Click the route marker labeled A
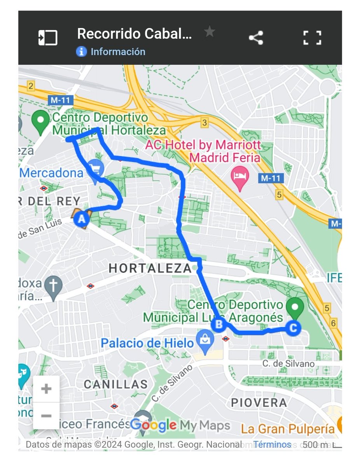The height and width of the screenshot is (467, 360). click(x=82, y=219)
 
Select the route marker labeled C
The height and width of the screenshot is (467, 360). click(x=293, y=328)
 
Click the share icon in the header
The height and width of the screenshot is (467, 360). click(x=256, y=38)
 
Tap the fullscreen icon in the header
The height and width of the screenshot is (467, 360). click(x=312, y=38)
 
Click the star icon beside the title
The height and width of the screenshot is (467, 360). click(x=210, y=32)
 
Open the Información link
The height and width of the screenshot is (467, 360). click(x=117, y=52)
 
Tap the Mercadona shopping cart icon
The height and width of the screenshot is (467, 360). click(x=95, y=168)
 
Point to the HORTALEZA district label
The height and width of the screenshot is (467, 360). click(x=150, y=268)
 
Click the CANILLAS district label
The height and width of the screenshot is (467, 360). click(x=116, y=384)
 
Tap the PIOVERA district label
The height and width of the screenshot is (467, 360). click(x=259, y=402)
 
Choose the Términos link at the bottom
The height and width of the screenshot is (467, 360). click(x=272, y=444)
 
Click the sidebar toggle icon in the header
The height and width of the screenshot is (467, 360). click(x=48, y=38)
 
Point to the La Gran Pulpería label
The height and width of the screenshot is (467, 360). click(x=288, y=429)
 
